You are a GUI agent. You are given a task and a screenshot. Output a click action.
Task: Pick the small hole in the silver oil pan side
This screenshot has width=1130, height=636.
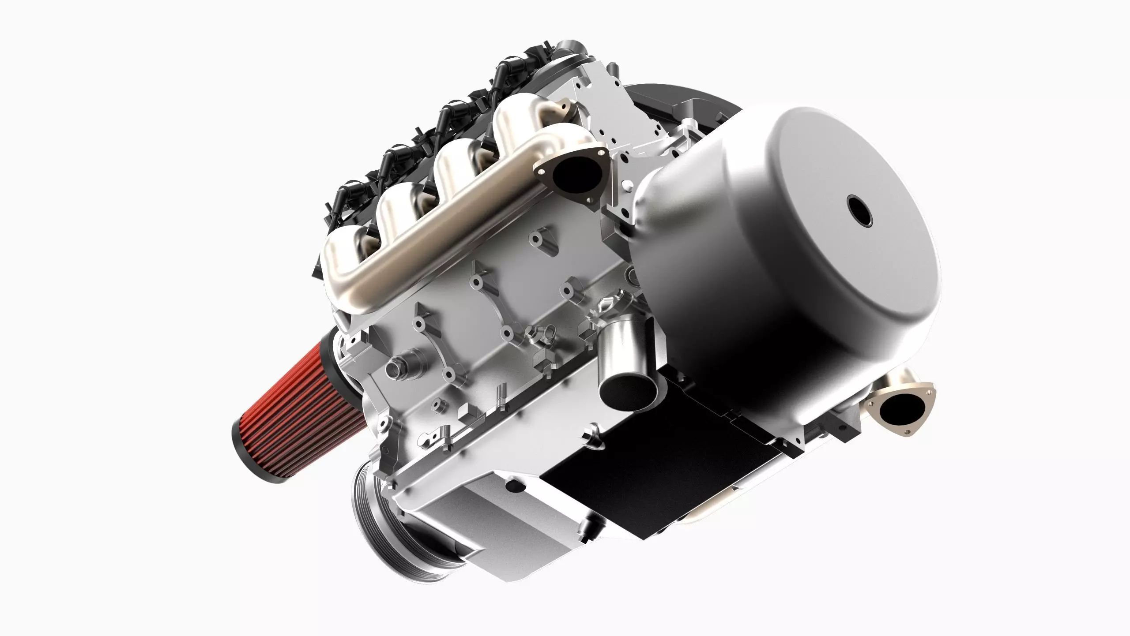512,486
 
